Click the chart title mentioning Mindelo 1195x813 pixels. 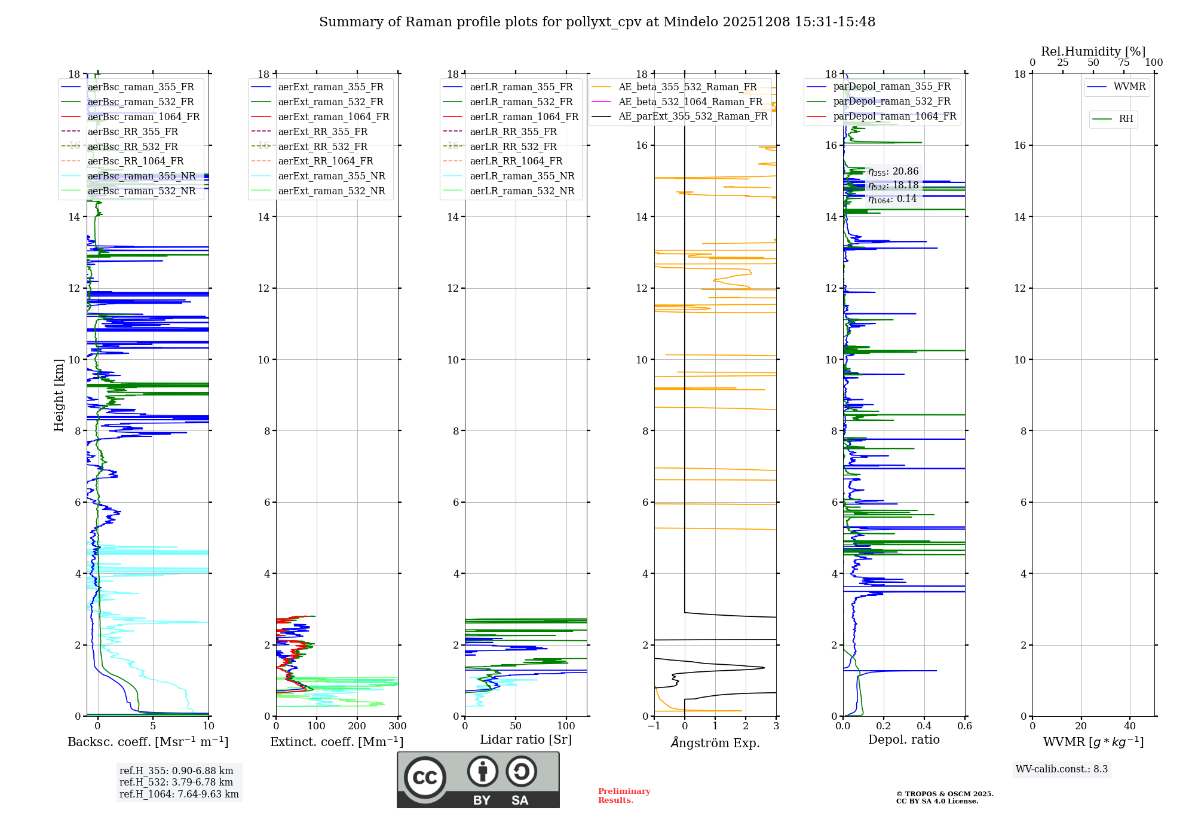pos(597,22)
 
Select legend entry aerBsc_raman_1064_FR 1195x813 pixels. pos(143,117)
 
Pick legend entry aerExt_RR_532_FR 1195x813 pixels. pos(323,146)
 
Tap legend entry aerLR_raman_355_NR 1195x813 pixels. pos(522,176)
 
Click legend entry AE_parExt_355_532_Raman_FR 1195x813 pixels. pos(693,116)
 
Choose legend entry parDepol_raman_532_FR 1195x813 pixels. pos(891,102)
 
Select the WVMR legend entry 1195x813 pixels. pos(1129,87)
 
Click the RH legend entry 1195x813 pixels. pos(1126,119)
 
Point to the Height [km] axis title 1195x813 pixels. pos(59,395)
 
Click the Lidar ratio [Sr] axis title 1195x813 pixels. pos(526,739)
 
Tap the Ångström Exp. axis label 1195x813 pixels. pos(715,742)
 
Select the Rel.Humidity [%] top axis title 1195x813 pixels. pos(1093,51)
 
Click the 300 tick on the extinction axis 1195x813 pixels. pos(398,726)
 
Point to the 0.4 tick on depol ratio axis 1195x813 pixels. pos(924,726)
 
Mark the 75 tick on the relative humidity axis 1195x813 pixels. pos(1124,62)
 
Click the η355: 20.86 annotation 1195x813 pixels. pos(893,172)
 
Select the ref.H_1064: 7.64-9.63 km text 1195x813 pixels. pos(179,794)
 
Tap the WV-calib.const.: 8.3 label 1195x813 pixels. pos(1061,769)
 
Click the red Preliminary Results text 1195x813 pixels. pos(624,795)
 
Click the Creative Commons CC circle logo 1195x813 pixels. pos(425,778)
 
